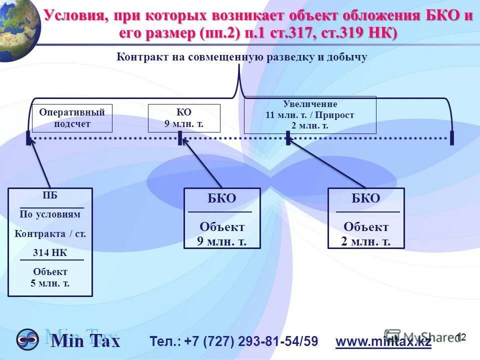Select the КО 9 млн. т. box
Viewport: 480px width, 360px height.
(184, 118)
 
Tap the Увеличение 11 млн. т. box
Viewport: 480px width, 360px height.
(310, 115)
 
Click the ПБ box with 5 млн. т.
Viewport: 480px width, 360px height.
(50, 242)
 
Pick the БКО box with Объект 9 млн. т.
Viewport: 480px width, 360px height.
(222, 218)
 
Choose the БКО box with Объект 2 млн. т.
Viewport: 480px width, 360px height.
(366, 218)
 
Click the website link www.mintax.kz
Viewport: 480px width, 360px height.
(383, 342)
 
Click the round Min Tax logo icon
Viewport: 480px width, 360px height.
(27, 339)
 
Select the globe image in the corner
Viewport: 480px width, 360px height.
(17, 27)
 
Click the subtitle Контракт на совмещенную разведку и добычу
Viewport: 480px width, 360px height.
(242, 57)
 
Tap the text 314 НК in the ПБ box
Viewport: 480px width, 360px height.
(50, 252)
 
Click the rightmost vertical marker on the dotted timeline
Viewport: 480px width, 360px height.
(452, 137)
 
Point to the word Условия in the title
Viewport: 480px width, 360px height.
(74, 15)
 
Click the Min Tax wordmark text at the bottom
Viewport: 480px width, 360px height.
(85, 341)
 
